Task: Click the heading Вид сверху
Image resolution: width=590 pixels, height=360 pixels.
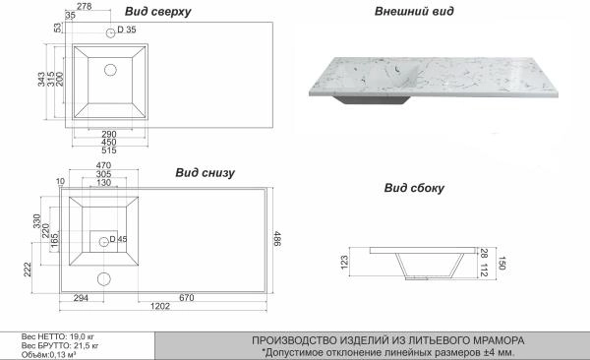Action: (158, 12)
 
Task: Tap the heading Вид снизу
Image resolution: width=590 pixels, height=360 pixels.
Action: (205, 172)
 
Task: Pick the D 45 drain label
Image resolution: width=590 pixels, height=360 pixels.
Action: (119, 239)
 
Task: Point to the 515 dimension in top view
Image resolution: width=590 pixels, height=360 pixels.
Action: (108, 150)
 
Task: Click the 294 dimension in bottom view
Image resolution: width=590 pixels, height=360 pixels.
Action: (82, 296)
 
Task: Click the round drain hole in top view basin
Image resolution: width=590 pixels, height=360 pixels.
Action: (110, 69)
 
